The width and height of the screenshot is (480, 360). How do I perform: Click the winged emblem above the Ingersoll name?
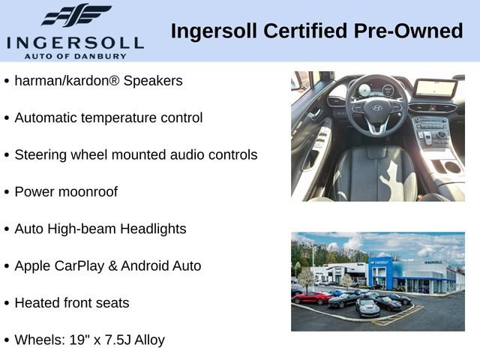pos(76,15)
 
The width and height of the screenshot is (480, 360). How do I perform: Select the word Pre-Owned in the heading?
pos(408,31)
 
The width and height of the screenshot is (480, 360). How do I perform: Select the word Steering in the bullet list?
pos(40,155)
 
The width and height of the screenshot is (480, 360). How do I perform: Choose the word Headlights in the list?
pos(153,229)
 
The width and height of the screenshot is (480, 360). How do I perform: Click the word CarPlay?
pos(79,266)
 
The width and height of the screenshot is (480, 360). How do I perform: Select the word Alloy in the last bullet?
pos(150,340)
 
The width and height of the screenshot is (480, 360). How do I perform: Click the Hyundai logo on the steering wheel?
pos(376,108)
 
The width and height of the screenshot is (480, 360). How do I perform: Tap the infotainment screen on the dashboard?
pos(435,88)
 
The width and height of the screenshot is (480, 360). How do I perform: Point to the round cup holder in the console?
pos(452,167)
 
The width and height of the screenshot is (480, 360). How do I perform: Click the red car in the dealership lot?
pos(311,297)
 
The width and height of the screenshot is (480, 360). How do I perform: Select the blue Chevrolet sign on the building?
pos(380,262)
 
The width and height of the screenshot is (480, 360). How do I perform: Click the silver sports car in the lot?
pos(367,307)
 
